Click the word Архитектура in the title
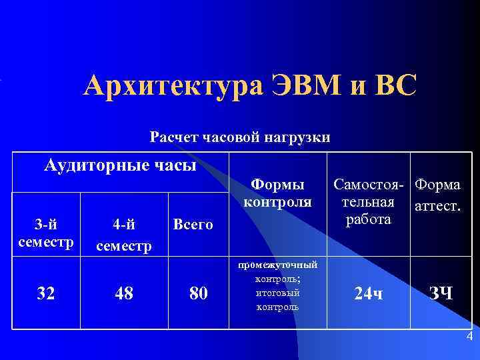tap(173, 87)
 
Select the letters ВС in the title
tap(394, 87)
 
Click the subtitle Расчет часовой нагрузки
tap(240, 138)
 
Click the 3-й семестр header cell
tap(46, 231)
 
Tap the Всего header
tap(193, 225)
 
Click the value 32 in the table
tap(46, 293)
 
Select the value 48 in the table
tap(123, 293)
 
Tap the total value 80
tap(199, 293)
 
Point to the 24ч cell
tap(369, 293)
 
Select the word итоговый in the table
tap(278, 293)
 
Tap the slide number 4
tap(469, 336)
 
